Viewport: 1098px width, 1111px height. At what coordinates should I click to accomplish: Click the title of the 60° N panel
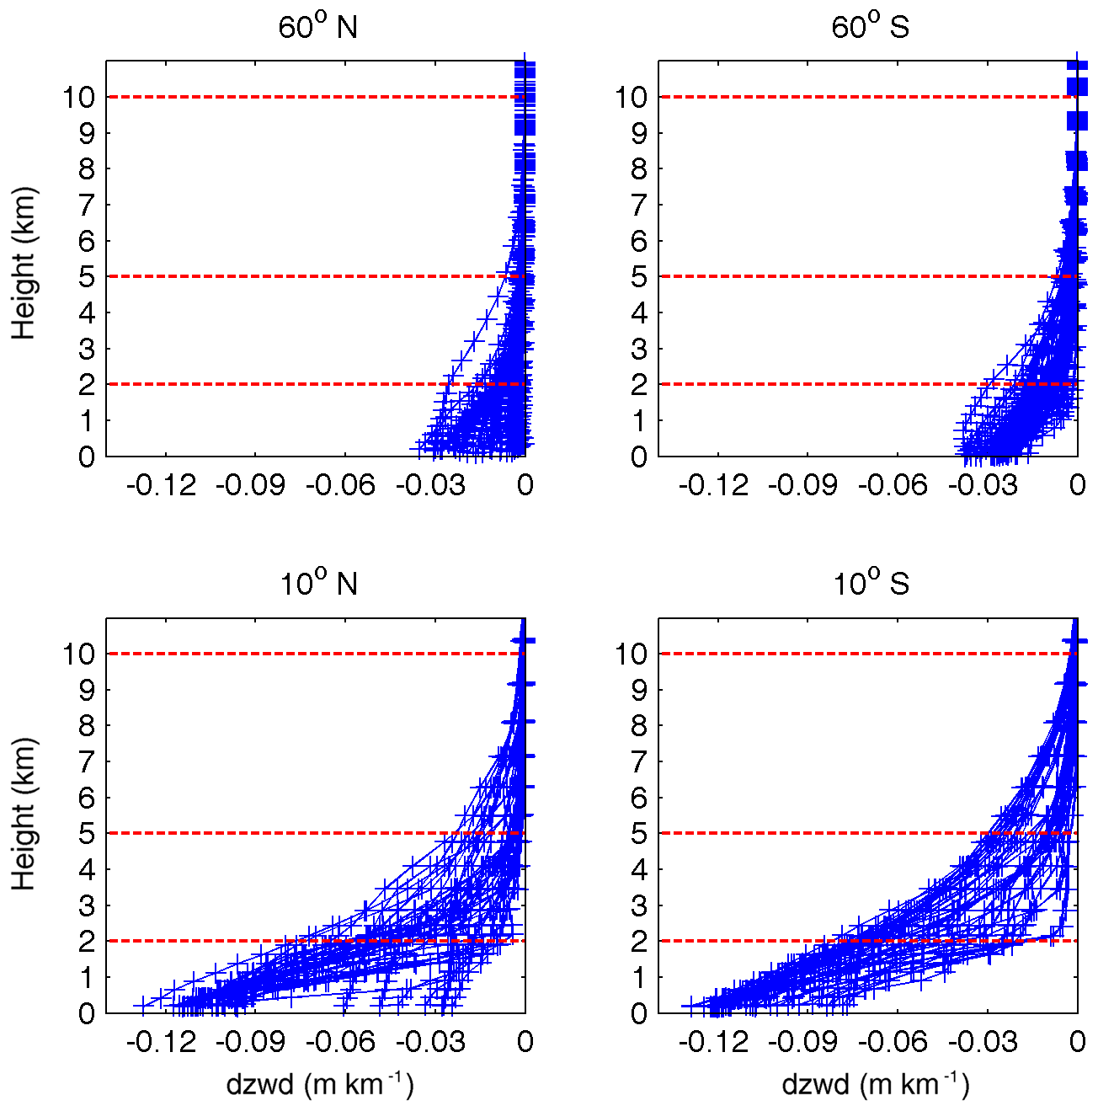coord(317,27)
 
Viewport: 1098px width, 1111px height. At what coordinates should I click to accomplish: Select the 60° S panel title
coord(870,27)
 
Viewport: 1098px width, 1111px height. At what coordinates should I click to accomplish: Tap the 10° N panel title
coord(317,583)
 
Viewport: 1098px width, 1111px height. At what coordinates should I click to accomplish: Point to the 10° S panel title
coord(871,583)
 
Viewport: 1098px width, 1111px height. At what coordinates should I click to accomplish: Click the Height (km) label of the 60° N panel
coord(24,263)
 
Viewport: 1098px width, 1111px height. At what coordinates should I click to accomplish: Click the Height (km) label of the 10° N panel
coord(24,814)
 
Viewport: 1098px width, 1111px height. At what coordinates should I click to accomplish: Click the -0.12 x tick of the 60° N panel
coord(161,485)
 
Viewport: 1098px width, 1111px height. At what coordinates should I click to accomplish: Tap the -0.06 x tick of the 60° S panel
coord(893,485)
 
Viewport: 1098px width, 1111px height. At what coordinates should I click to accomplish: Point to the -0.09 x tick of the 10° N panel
coord(251,1042)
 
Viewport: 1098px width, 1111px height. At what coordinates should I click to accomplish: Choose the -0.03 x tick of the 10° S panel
coord(983,1042)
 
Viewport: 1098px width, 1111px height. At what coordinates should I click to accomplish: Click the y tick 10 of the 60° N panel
coord(78,98)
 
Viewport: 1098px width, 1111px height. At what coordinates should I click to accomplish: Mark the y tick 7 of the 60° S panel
coord(640,205)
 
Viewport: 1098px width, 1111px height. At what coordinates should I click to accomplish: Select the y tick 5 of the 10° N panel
coord(87,834)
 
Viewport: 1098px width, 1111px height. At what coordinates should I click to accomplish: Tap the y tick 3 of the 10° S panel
coord(640,905)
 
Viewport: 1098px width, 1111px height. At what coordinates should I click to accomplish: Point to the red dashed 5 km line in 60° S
coord(842,276)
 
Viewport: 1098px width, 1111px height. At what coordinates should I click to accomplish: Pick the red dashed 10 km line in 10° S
coord(842,654)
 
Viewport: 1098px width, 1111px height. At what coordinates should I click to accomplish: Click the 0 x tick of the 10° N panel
coord(525,1042)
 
